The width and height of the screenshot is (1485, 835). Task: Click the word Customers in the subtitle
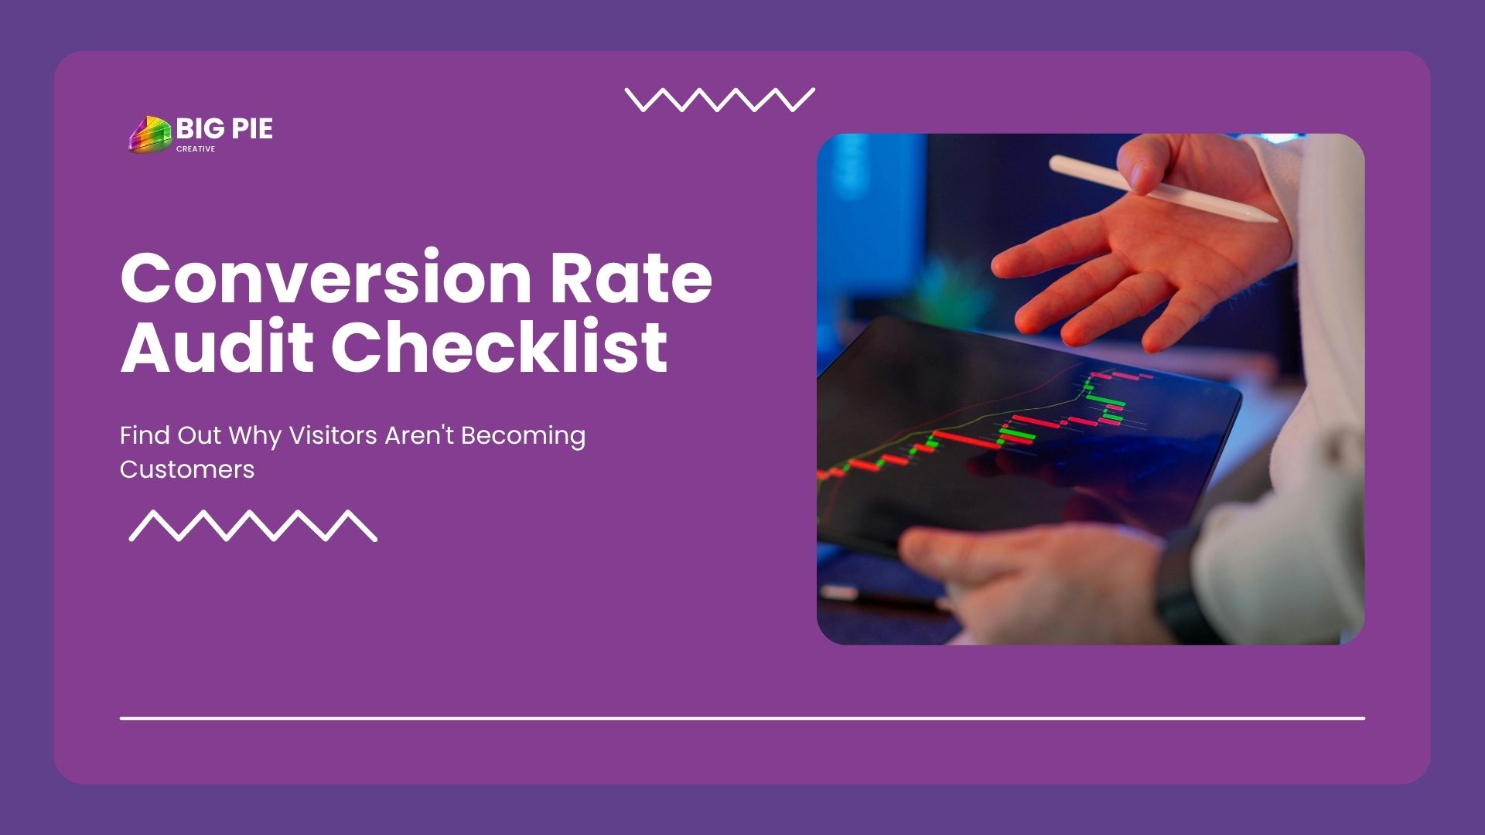click(x=187, y=469)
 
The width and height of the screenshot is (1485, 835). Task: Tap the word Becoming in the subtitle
click(x=524, y=437)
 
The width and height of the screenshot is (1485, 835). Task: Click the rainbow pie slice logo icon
click(x=150, y=135)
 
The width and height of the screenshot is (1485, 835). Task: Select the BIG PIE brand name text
click(x=224, y=128)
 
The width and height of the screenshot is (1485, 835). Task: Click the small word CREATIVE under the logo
click(x=196, y=149)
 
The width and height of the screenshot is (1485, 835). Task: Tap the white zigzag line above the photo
click(x=720, y=100)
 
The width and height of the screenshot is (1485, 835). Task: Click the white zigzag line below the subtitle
click(x=253, y=526)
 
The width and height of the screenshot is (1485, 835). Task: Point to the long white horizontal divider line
click(x=742, y=718)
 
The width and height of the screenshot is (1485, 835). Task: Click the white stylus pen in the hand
click(x=1163, y=188)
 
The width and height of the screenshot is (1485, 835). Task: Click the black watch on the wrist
click(x=1183, y=588)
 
